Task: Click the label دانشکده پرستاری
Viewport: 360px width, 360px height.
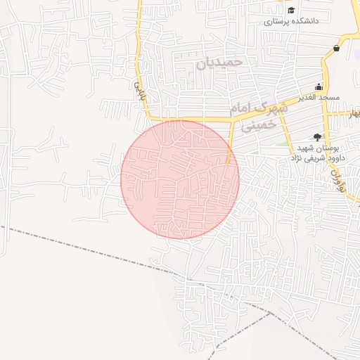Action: [291, 21]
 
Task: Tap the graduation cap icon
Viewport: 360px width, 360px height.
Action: [290, 10]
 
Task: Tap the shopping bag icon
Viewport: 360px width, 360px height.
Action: [337, 49]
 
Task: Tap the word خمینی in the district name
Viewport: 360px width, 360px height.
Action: [255, 127]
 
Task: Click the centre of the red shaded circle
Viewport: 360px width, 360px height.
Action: [180, 179]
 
